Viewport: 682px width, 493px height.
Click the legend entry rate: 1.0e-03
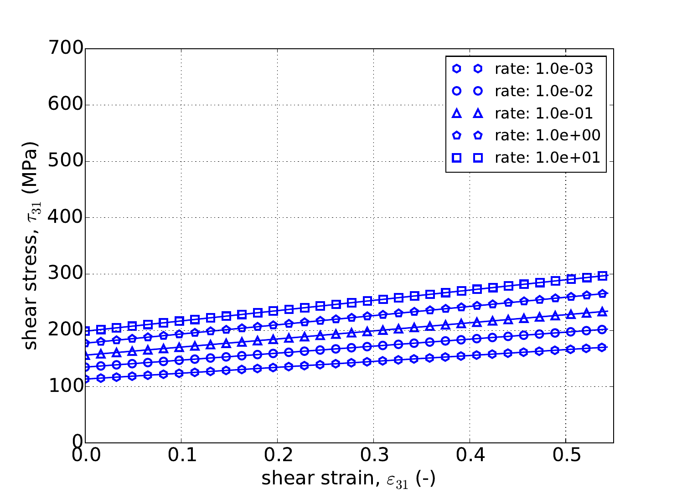(544, 69)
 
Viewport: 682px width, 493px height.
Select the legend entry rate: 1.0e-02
(544, 91)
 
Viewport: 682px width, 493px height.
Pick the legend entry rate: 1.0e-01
(544, 113)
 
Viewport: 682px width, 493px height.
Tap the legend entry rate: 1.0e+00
(548, 135)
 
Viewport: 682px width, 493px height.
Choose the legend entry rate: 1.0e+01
(548, 158)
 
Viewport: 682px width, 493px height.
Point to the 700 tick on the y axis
(66, 49)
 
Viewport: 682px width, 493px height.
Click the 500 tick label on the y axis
(66, 161)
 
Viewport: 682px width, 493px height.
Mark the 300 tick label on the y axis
(66, 274)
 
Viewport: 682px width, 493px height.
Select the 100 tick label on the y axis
(66, 386)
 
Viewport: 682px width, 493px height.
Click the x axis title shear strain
(348, 478)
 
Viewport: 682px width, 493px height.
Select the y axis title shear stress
(31, 246)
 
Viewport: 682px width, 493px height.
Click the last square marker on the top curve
(602, 276)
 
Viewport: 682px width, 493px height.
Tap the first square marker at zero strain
(86, 331)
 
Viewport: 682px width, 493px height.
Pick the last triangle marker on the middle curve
(602, 312)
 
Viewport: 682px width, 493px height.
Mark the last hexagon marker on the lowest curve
(602, 348)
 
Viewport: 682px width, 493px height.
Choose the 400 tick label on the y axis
(66, 217)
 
